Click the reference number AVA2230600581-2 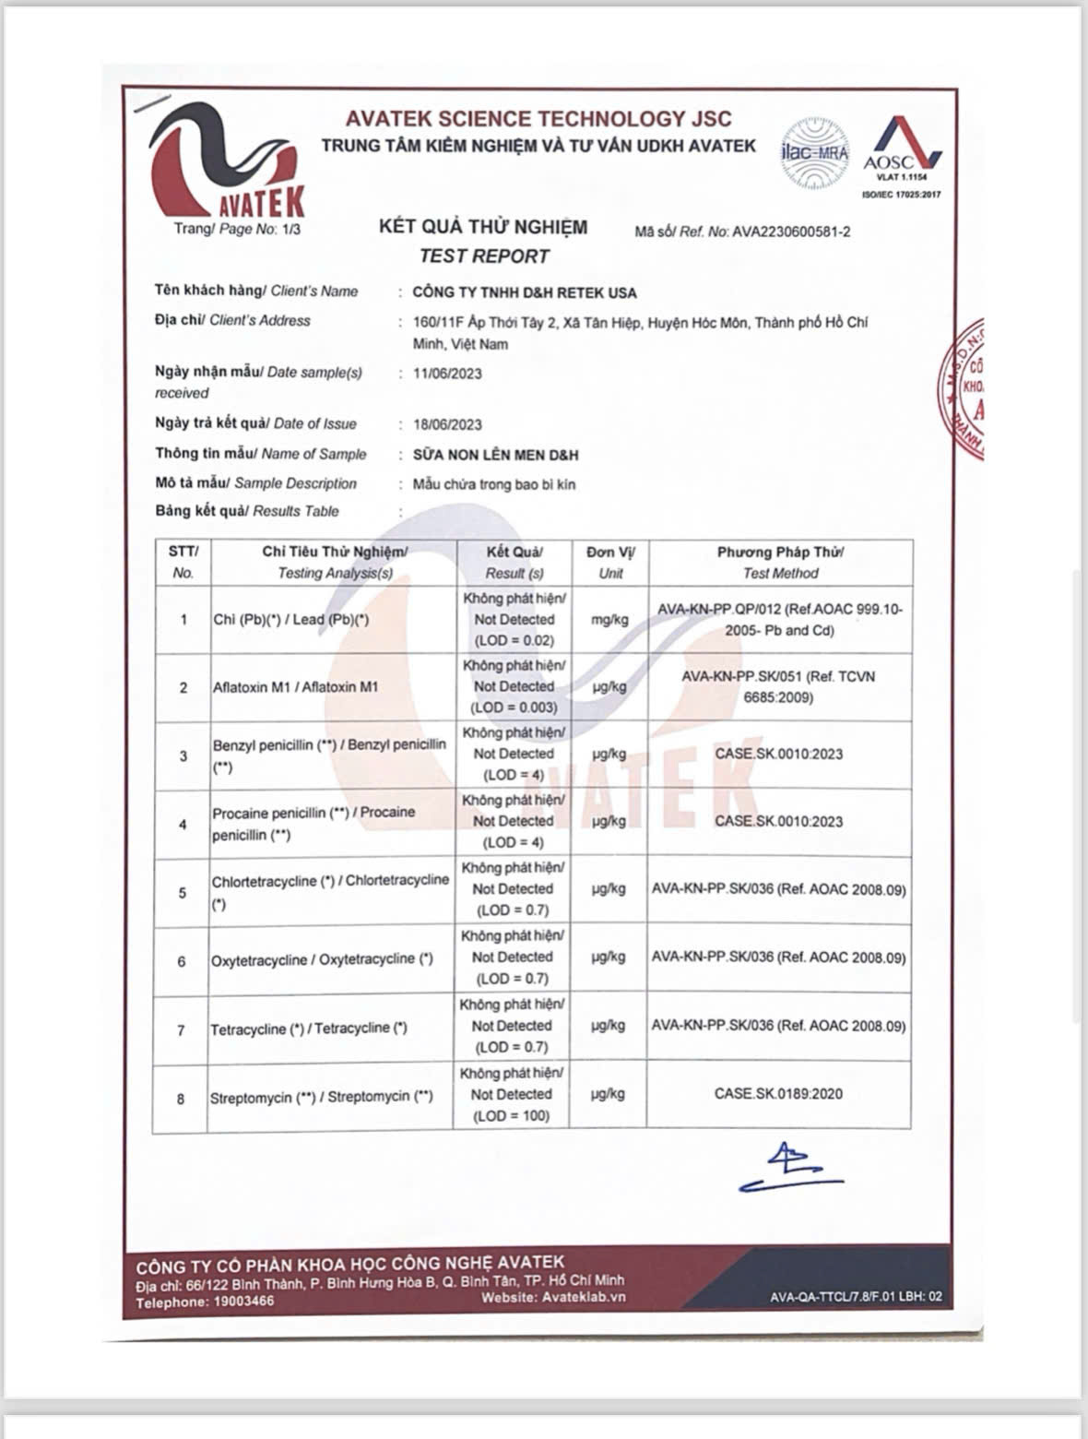point(791,232)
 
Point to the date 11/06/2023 point(447,374)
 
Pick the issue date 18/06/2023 point(447,424)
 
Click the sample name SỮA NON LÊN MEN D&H point(496,455)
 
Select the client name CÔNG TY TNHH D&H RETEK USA point(525,292)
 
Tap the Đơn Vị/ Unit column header point(609,562)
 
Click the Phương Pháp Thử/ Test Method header point(780,562)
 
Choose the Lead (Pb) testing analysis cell point(291,620)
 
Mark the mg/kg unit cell point(609,620)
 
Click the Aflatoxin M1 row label point(295,687)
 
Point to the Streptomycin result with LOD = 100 point(512,1095)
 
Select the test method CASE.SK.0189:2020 point(778,1094)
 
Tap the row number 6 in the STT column point(182,961)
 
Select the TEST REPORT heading point(484,256)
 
